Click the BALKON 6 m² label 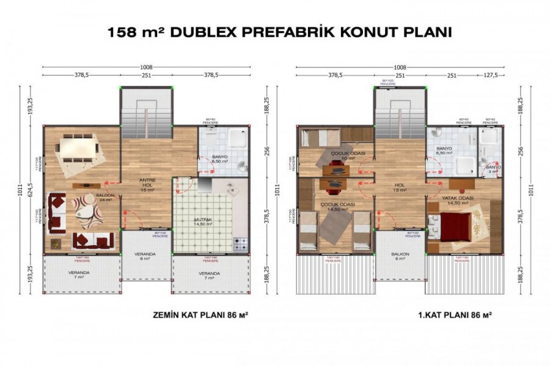pyautogui.click(x=400, y=256)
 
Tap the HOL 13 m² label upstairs pyautogui.click(x=400, y=187)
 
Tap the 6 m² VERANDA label pyautogui.click(x=145, y=256)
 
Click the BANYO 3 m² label pyautogui.click(x=494, y=169)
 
